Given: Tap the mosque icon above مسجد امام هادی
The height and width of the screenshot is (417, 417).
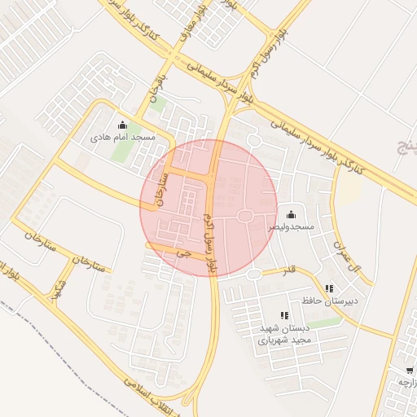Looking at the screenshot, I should [x=122, y=125].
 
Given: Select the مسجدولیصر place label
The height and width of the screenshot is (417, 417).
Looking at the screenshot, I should [x=292, y=227].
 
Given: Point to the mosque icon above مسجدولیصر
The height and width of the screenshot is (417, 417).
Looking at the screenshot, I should [x=292, y=213].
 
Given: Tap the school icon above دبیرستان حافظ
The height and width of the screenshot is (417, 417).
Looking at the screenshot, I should [x=329, y=288].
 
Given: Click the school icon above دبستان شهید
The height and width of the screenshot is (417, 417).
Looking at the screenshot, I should [x=283, y=315].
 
